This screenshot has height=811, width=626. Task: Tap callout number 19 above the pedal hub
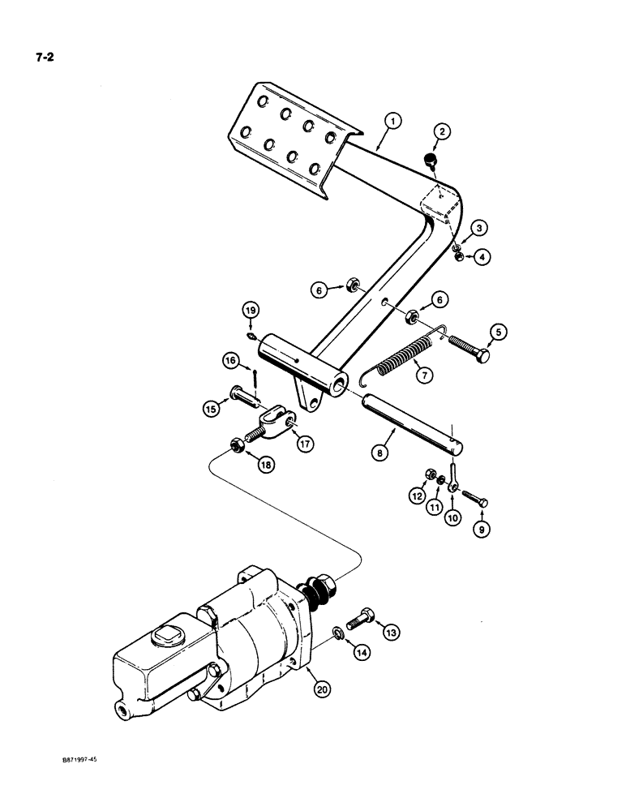coord(251,311)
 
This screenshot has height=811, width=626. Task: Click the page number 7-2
coord(40,58)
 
